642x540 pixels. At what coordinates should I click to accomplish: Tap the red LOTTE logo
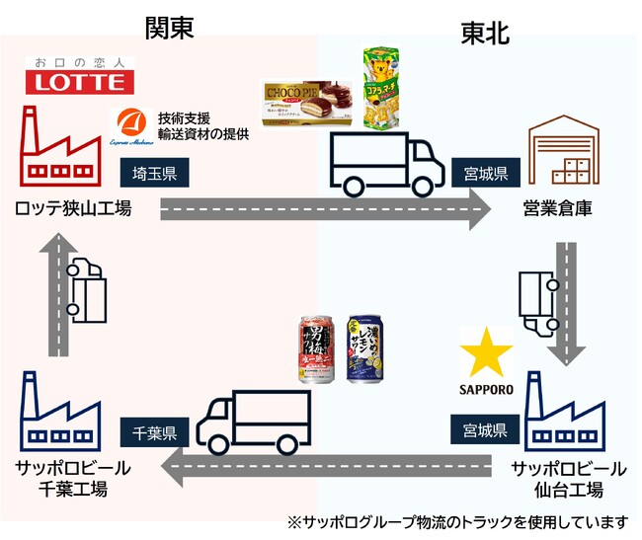click(x=78, y=78)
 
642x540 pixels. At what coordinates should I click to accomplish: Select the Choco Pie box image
click(x=309, y=106)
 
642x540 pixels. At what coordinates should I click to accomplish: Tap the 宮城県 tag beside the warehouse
click(x=485, y=174)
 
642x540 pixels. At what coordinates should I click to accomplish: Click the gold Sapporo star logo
click(x=486, y=354)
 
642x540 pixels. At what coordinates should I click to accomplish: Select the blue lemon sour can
click(x=366, y=351)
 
